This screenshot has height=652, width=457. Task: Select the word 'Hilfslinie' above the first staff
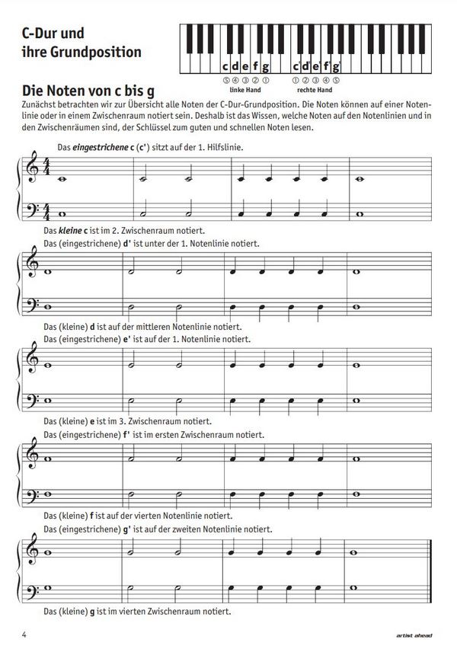225,146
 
